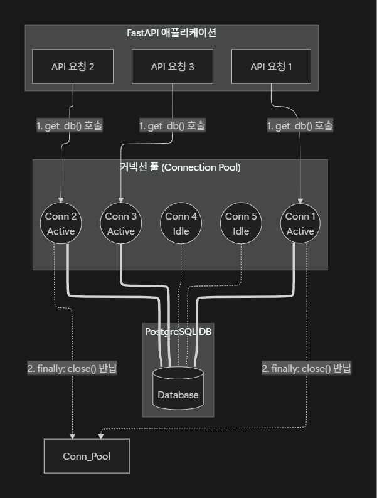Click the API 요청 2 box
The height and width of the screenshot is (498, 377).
(x=73, y=66)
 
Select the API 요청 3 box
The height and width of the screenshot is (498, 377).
(x=173, y=66)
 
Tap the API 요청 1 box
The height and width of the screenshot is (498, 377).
(x=272, y=66)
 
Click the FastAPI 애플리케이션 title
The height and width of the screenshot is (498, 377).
(x=171, y=33)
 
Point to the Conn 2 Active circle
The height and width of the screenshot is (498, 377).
(x=61, y=223)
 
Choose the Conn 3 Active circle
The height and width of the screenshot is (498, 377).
(x=120, y=223)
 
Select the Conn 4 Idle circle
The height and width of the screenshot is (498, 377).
(x=181, y=223)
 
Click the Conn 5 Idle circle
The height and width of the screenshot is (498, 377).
(x=241, y=223)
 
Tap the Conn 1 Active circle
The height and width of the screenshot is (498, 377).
(x=300, y=223)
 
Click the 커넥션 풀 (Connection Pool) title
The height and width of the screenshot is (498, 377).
(x=180, y=167)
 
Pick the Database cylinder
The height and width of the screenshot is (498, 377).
(x=178, y=388)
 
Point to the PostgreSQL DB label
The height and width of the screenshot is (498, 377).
(x=178, y=331)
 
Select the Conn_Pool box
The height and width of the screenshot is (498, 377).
(x=87, y=456)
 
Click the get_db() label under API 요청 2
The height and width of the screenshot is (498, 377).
(x=70, y=125)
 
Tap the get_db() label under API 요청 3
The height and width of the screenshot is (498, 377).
(x=172, y=125)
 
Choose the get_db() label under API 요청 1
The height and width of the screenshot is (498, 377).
(x=300, y=125)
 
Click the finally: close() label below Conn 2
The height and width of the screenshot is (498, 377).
(x=72, y=368)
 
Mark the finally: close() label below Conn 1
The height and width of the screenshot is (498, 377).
(x=307, y=368)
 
